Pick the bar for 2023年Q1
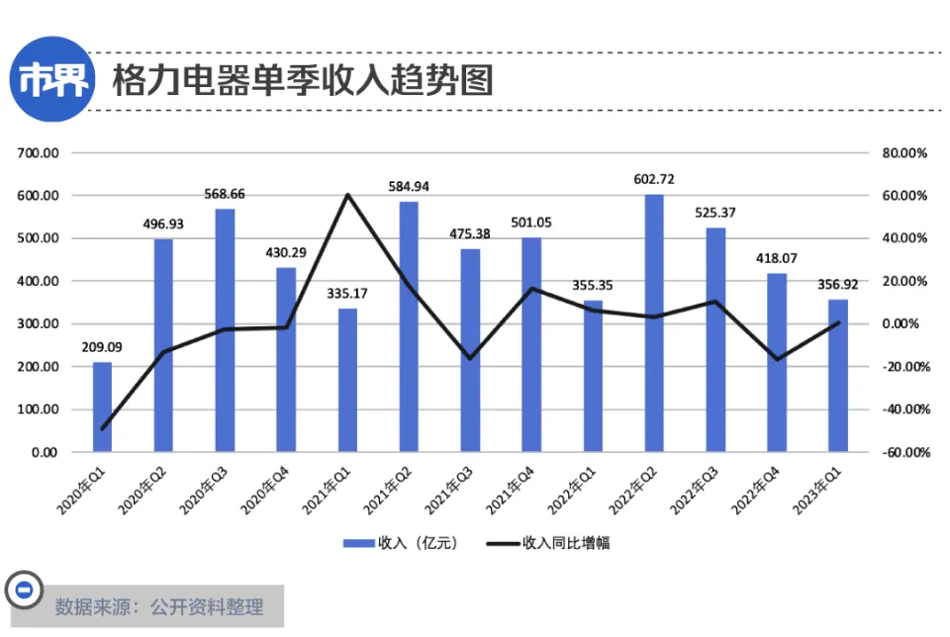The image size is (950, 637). [837, 375]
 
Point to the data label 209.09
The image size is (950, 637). [102, 347]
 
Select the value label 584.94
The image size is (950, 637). [409, 186]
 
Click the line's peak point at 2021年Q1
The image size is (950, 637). [347, 195]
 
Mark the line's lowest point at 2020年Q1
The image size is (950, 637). [102, 428]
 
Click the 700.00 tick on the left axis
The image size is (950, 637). [39, 153]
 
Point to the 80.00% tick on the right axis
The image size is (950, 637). [903, 153]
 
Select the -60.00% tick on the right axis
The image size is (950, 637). [903, 452]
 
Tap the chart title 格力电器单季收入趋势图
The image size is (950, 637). [303, 79]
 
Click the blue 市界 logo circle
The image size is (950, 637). [47, 79]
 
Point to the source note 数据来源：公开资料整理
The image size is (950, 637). [158, 606]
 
